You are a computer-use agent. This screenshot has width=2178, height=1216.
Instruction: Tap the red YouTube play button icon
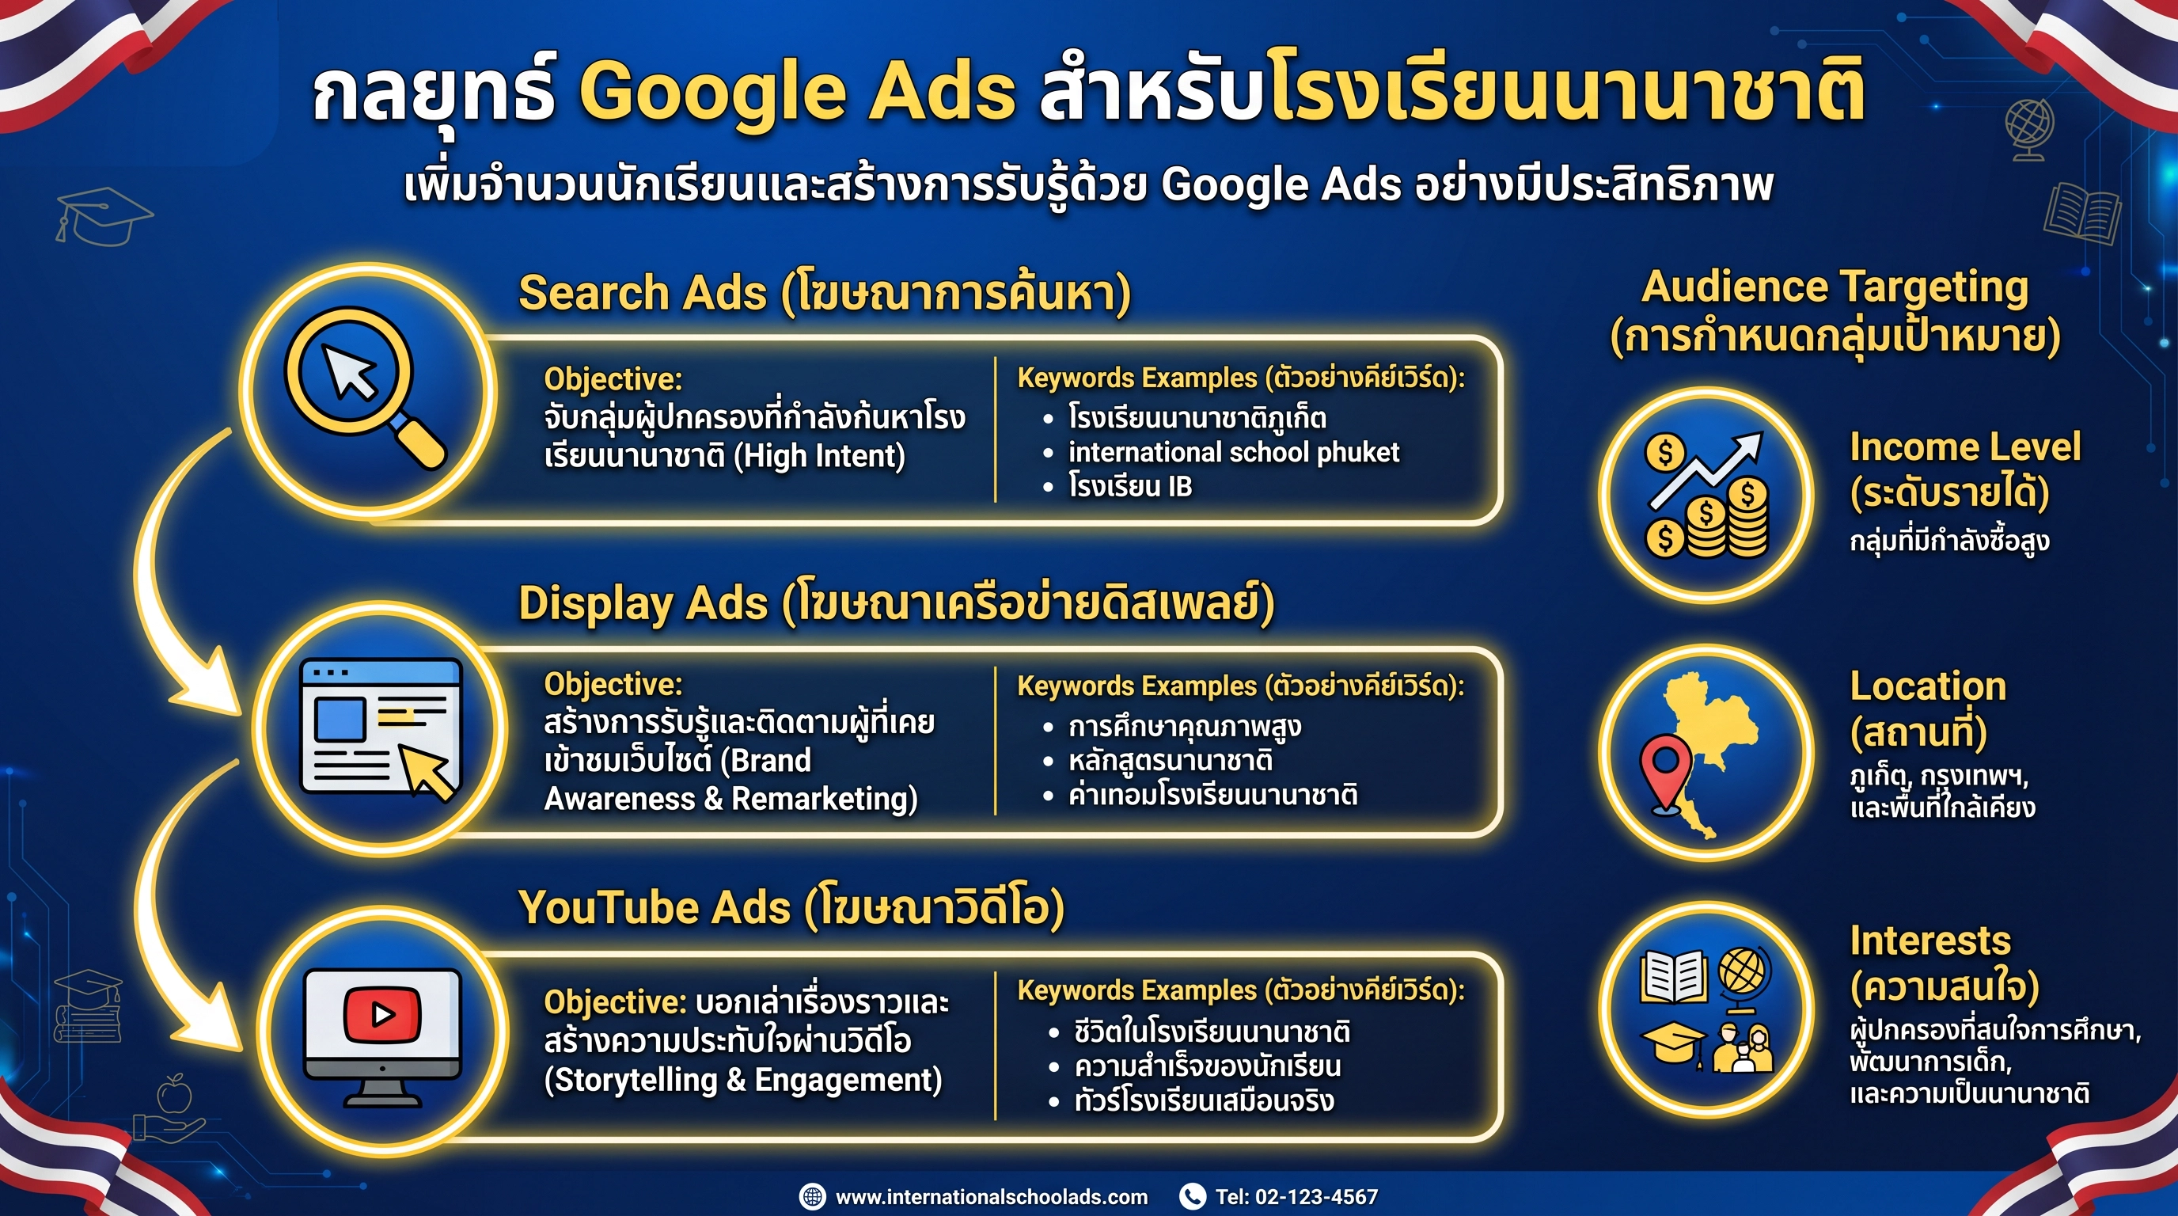click(x=382, y=1014)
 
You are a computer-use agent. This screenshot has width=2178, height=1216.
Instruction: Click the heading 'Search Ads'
click(x=643, y=293)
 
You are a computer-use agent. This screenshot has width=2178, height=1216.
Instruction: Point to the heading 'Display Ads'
click(x=643, y=604)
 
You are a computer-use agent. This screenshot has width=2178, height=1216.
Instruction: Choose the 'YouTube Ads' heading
click(x=655, y=907)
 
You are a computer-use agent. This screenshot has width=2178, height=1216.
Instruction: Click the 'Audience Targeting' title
click(x=1835, y=287)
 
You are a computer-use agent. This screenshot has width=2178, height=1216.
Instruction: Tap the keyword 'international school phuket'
click(x=1234, y=452)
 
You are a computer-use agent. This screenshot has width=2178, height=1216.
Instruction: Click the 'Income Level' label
click(x=1964, y=447)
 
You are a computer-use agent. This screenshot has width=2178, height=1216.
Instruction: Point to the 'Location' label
click(x=1928, y=686)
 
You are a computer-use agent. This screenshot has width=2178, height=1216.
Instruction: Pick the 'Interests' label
click(x=1929, y=940)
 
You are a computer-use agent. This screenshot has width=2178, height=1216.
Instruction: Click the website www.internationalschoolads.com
click(x=991, y=1196)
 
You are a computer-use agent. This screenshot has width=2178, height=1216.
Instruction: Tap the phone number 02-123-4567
click(x=1316, y=1196)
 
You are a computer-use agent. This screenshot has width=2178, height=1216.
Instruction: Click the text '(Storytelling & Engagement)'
click(x=743, y=1080)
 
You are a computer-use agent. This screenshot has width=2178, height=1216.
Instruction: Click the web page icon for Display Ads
click(x=381, y=728)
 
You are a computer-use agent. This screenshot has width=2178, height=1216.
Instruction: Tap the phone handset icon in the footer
click(x=1192, y=1195)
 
